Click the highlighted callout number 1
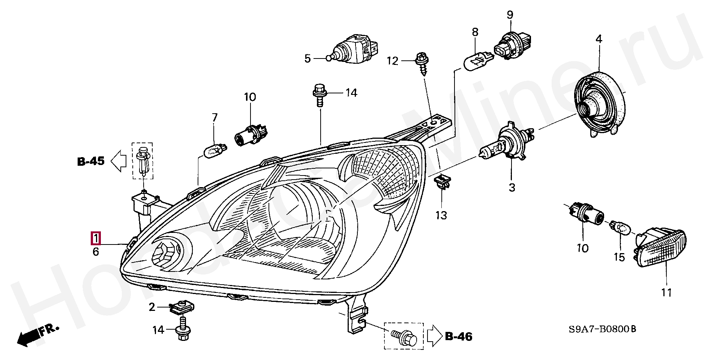click(x=96, y=238)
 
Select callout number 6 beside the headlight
click(x=96, y=252)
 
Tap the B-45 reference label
click(x=91, y=161)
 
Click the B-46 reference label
click(x=459, y=336)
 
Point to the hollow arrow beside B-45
click(x=119, y=161)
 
